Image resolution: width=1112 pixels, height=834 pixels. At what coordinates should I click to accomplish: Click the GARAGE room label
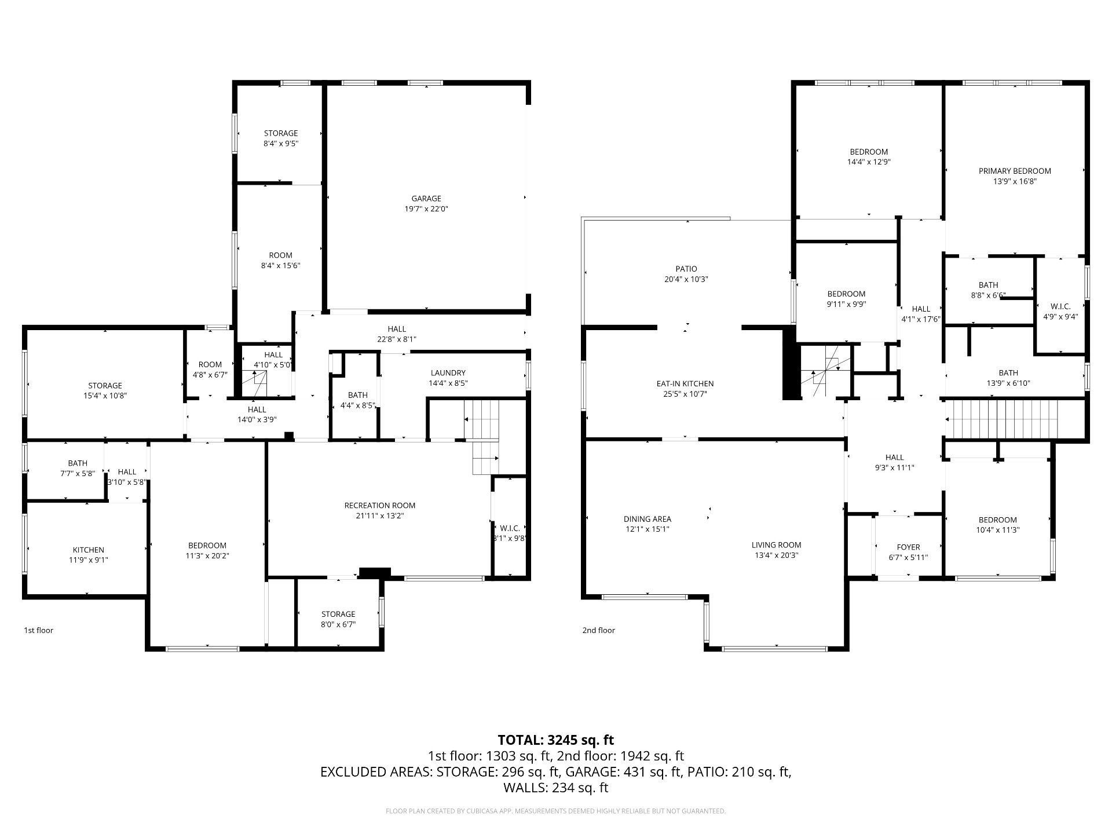click(x=426, y=199)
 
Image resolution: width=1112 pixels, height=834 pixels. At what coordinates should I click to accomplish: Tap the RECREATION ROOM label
click(x=380, y=506)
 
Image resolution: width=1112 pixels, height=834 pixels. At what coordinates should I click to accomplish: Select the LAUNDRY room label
click(x=448, y=373)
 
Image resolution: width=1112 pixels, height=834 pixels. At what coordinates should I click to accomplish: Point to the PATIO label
click(x=686, y=269)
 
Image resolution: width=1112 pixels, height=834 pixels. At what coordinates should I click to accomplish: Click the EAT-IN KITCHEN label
click(x=685, y=383)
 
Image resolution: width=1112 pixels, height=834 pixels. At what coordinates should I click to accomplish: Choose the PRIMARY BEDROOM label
click(x=1015, y=171)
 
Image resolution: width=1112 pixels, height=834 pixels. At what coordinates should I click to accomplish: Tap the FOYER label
click(x=908, y=547)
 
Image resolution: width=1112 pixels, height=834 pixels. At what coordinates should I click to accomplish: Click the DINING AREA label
click(x=648, y=519)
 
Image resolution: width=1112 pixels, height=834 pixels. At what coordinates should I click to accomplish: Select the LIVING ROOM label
click(x=777, y=545)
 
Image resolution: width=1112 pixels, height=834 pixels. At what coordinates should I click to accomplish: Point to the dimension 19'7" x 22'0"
click(x=426, y=209)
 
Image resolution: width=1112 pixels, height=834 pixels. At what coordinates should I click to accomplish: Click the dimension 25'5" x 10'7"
click(x=685, y=394)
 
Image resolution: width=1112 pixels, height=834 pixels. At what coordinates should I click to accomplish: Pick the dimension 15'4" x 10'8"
click(x=105, y=396)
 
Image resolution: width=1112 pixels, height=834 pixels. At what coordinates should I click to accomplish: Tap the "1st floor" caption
click(x=38, y=630)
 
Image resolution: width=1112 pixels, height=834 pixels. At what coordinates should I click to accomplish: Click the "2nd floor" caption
click(x=599, y=630)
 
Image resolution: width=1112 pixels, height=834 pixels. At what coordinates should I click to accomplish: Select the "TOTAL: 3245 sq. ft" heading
click(x=556, y=740)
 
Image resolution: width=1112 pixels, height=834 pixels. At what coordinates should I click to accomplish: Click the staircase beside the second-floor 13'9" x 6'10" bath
click(x=1002, y=419)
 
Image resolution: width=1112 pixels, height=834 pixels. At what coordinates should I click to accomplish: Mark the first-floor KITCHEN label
click(x=89, y=550)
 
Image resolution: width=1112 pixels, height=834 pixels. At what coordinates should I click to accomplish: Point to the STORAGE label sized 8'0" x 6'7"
click(x=338, y=614)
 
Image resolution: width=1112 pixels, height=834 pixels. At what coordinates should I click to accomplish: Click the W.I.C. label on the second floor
click(x=1060, y=306)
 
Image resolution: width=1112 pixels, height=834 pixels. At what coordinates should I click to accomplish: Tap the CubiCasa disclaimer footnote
click(x=556, y=811)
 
